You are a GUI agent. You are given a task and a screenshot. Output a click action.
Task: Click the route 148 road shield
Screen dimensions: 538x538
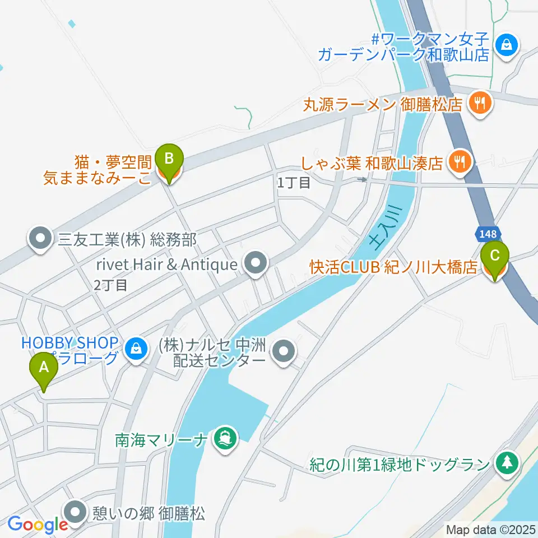pos(485,233)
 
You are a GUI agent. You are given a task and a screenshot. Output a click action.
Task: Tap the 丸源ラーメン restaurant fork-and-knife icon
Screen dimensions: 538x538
pos(480,103)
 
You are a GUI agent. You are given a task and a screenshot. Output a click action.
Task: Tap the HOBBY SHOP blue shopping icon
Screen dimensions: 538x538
pos(136,349)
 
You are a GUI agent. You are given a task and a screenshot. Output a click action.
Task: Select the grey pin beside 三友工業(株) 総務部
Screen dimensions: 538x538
pos(40,239)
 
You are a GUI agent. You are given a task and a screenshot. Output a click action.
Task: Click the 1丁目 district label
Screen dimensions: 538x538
pos(294,182)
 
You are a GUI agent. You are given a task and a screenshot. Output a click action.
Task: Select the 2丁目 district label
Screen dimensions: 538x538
pos(110,285)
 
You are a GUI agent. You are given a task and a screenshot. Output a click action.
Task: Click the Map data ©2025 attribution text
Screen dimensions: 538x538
pos(491,529)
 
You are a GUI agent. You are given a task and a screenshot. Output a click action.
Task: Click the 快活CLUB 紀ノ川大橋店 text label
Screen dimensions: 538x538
pos(393,266)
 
